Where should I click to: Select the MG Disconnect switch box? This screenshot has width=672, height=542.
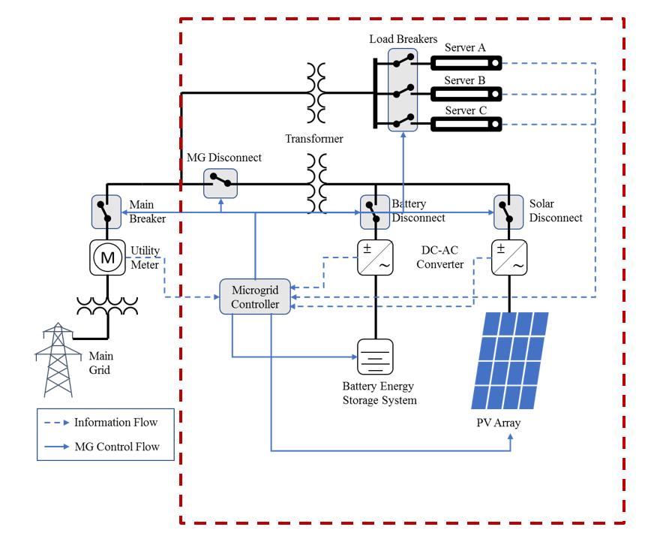click(x=220, y=182)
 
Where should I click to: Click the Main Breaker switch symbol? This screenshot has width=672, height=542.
click(x=106, y=211)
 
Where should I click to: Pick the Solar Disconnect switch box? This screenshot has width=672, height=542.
click(x=507, y=211)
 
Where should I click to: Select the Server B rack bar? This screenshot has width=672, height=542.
click(x=465, y=94)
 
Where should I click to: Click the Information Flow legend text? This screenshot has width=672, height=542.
click(x=116, y=422)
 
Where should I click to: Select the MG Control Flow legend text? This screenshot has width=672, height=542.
click(x=116, y=447)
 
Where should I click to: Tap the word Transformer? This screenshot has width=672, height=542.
click(x=314, y=139)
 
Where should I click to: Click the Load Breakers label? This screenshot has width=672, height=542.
click(x=403, y=38)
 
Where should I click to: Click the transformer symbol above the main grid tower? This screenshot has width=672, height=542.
click(x=106, y=305)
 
